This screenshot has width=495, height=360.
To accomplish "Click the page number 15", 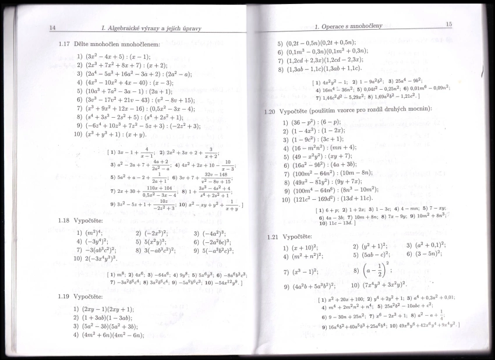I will pos(448,24).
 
